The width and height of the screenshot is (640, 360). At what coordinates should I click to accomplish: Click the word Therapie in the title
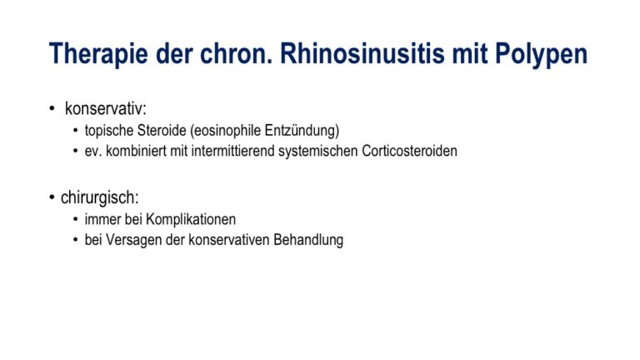pyautogui.click(x=98, y=54)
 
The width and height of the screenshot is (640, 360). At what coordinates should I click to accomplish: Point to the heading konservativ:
pyautogui.click(x=105, y=108)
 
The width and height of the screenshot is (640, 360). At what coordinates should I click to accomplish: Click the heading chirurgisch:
pyautogui.click(x=100, y=197)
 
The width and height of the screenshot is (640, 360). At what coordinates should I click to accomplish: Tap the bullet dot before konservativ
pyautogui.click(x=52, y=108)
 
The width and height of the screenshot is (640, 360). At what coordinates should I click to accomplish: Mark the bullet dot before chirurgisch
pyautogui.click(x=52, y=197)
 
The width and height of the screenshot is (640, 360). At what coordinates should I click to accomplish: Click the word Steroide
pyautogui.click(x=162, y=131)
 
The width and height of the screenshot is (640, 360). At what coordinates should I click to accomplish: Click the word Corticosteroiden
pyautogui.click(x=409, y=151)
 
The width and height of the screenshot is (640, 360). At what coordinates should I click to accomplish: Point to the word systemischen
pyautogui.click(x=318, y=152)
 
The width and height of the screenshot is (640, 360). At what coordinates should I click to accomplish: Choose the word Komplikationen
pyautogui.click(x=191, y=220)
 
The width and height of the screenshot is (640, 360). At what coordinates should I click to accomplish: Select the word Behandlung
pyautogui.click(x=308, y=240)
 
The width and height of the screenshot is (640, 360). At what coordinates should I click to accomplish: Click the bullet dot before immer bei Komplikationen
pyautogui.click(x=76, y=220)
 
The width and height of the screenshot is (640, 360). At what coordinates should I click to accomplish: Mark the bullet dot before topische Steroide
pyautogui.click(x=76, y=131)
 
